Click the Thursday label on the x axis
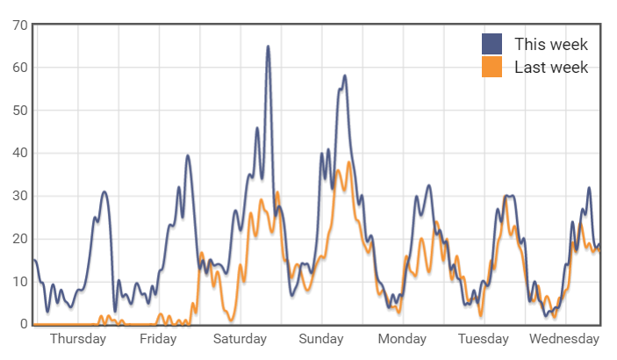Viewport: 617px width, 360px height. pos(78,339)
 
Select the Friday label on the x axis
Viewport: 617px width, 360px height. pos(158,339)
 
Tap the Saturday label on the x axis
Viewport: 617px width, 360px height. pos(240,339)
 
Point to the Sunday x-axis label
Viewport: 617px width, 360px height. pos(321,339)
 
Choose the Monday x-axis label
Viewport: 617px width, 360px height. pos(402,339)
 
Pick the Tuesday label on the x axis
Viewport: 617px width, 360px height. pos(483,339)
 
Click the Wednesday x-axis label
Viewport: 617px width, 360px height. pos(564,339)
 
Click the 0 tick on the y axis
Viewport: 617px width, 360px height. pos(24,325)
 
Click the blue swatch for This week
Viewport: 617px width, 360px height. pos(492,44)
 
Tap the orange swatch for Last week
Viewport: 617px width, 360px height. pos(492,67)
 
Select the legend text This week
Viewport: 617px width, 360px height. pos(550,44)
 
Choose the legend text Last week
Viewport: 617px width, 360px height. pos(550,67)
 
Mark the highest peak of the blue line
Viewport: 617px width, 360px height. pos(268,47)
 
